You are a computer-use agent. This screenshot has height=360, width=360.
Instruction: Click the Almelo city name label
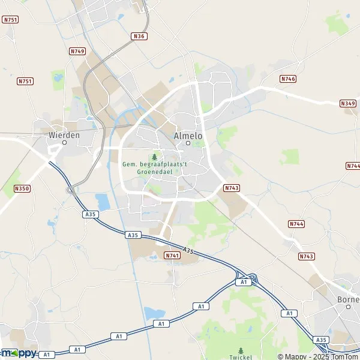[x=188, y=136]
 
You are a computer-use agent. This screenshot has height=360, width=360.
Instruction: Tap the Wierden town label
[x=64, y=135]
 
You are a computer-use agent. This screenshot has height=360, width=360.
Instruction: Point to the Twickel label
[x=241, y=358]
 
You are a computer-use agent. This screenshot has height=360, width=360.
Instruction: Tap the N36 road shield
[x=139, y=36]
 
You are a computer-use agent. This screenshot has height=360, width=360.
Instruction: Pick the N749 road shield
[x=77, y=52]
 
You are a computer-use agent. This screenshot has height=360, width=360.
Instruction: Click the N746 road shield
[x=288, y=79]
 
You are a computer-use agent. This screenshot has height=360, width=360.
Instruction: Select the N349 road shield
[x=347, y=104]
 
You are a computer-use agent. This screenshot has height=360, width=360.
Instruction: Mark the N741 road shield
[x=172, y=256]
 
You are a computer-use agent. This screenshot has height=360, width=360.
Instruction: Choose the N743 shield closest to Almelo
[x=232, y=188]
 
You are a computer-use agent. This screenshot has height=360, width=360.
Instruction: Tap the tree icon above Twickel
[x=241, y=350]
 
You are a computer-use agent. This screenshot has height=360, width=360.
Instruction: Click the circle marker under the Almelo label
[x=188, y=143]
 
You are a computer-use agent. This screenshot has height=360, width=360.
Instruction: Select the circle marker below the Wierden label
[x=64, y=143]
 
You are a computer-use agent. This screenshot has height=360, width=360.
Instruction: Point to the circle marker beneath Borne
[x=347, y=307]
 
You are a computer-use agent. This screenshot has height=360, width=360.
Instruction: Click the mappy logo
[x=19, y=353]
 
